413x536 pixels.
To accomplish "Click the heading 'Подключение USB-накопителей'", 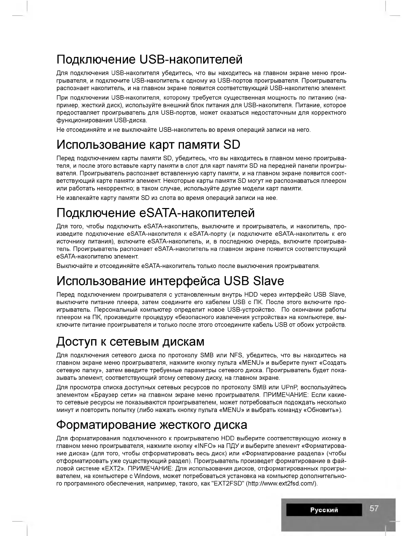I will (149, 60).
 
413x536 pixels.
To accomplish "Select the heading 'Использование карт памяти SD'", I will (148, 145).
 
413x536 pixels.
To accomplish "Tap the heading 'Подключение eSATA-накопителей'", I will (156, 213).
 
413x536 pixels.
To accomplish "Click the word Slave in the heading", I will (268, 281).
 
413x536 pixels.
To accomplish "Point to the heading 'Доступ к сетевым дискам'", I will (130, 342).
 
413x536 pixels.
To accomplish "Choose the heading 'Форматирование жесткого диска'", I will (151, 425).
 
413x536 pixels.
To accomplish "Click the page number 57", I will (374, 508).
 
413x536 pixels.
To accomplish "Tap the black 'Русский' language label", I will (324, 510).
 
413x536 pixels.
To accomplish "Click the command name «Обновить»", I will (322, 410).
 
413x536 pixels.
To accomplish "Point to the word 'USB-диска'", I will (130, 120).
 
